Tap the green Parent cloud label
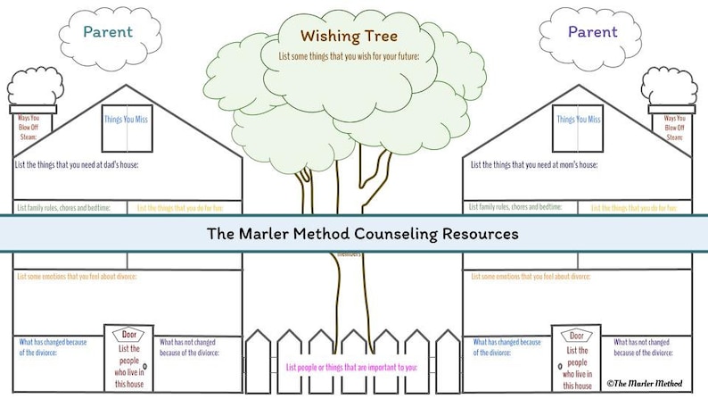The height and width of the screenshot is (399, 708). [x=108, y=32]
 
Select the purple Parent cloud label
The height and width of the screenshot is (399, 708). [x=592, y=32]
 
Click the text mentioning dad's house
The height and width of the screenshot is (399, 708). [x=78, y=165]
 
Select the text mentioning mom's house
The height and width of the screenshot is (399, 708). [x=530, y=165]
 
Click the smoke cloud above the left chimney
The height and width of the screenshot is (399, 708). [x=35, y=87]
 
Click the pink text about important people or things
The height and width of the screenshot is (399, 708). [x=351, y=368]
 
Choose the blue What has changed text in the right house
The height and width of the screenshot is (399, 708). [x=506, y=346]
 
